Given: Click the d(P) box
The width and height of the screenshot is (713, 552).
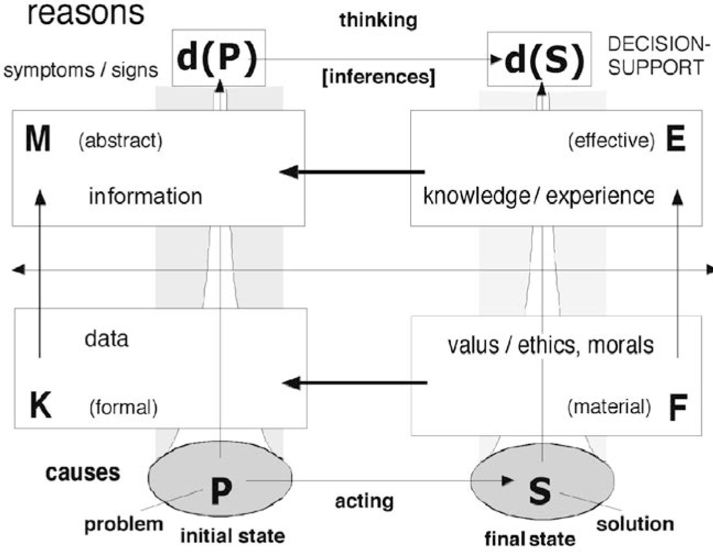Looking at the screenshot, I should tap(219, 58).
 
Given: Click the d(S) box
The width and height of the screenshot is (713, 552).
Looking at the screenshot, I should tap(540, 58).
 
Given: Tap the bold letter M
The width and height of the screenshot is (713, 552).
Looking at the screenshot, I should tap(38, 139).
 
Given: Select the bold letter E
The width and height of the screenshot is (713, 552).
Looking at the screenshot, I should tap(676, 140).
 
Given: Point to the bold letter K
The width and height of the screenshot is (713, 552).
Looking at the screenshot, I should tap(40, 407).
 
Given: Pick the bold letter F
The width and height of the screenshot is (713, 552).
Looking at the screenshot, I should tap(677, 408).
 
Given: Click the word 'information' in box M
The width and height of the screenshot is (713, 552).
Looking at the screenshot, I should tap(145, 196).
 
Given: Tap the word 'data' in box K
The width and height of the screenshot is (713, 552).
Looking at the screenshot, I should tap(106, 338).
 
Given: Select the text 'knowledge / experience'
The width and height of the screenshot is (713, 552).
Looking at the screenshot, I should tap(538, 196).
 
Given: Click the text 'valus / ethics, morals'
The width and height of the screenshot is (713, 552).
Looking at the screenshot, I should tap(551, 345).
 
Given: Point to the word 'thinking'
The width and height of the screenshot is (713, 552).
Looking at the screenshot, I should tap(378, 20).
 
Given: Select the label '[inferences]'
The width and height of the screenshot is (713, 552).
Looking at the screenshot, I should tap(378, 77).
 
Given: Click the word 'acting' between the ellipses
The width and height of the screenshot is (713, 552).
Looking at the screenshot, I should tap(364, 501).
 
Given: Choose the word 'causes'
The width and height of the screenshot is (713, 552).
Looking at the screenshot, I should tap(83, 473).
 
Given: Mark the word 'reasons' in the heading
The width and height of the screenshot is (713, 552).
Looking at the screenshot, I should tap(85, 13).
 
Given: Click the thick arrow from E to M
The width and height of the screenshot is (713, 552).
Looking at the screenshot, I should tap(352, 172).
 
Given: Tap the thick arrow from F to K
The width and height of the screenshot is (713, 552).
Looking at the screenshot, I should tap(355, 382).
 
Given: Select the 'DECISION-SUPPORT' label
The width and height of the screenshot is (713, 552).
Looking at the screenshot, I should tap(656, 56).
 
